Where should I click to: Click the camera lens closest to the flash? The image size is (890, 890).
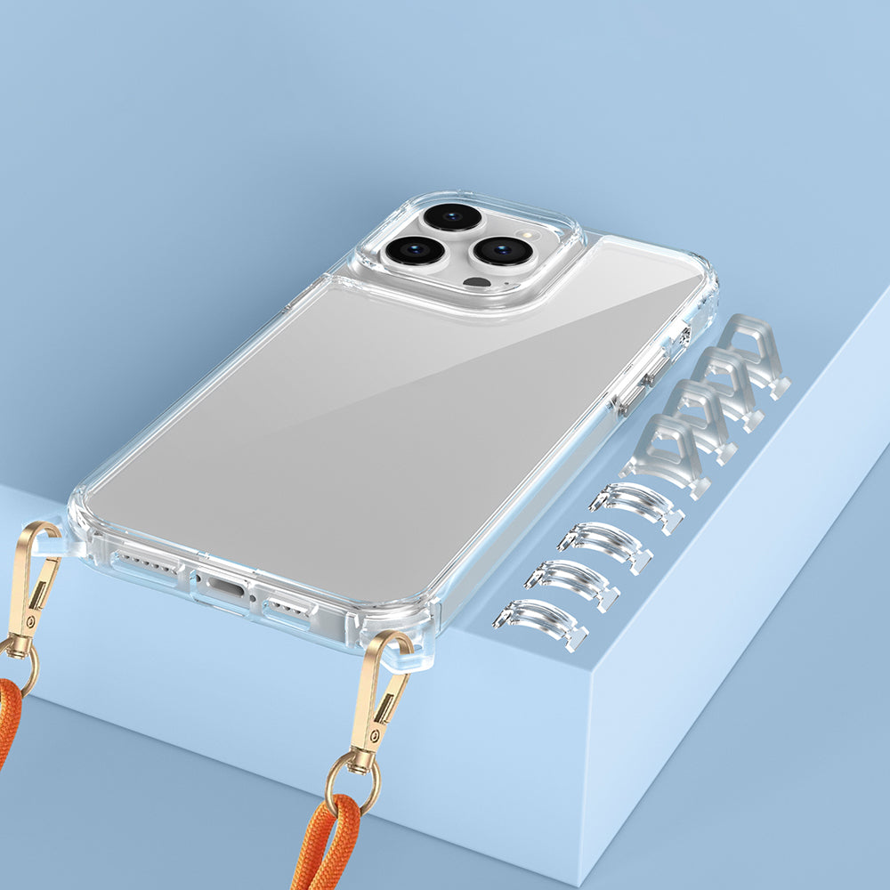pyautogui.click(x=504, y=250)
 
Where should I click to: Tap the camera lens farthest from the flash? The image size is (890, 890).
pyautogui.click(x=415, y=250)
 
